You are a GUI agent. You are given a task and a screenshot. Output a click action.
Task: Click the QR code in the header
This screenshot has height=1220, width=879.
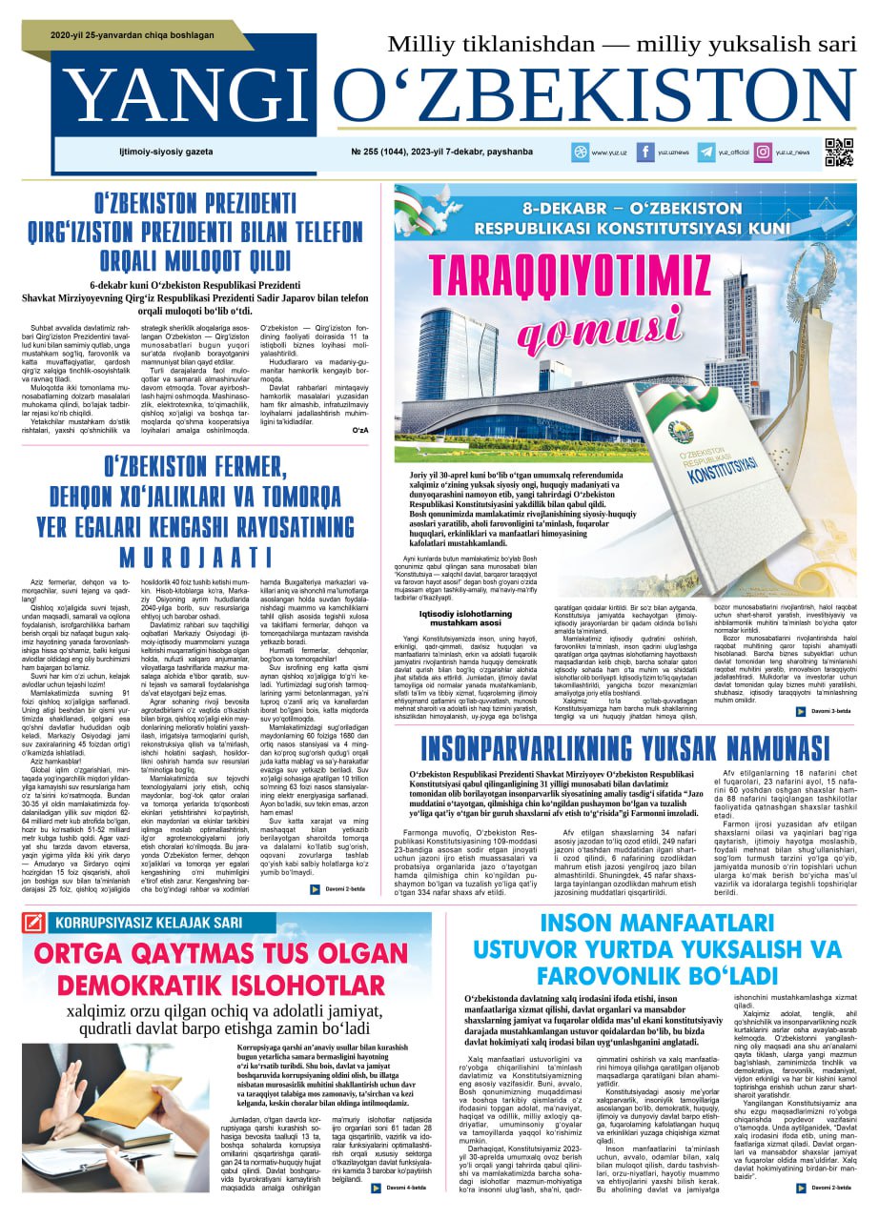pos(839,152)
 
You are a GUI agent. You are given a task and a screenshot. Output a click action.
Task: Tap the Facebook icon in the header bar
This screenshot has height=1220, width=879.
pos(644,152)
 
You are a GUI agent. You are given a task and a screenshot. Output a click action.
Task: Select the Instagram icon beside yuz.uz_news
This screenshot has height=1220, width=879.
pos(763,152)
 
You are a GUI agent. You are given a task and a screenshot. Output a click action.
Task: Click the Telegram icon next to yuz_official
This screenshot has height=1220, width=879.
pos(706,152)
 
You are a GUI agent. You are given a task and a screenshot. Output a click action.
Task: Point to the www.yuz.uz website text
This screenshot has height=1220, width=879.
pos(607,152)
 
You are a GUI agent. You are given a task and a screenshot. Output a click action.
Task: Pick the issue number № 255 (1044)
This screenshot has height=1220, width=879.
pos(390,152)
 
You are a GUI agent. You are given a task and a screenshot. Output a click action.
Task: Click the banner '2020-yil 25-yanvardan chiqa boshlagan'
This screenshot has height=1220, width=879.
pos(133,36)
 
